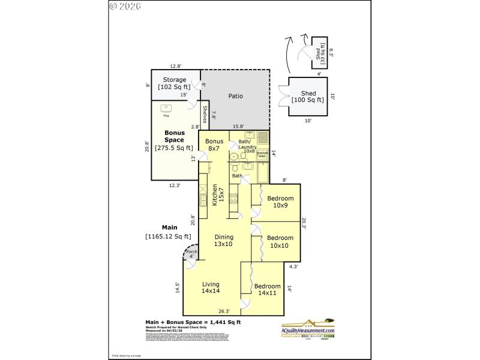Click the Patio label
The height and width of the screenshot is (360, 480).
(235, 96)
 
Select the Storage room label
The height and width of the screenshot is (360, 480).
(175, 83)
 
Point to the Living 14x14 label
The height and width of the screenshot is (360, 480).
(211, 288)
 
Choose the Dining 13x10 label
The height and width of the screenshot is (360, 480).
(223, 240)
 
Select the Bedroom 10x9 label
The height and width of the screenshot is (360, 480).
(280, 202)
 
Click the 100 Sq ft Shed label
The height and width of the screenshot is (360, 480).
(308, 97)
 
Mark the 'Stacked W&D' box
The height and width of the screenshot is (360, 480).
(262, 155)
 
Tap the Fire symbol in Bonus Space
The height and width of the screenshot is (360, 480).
(166, 110)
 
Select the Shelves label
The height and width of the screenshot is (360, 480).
(205, 115)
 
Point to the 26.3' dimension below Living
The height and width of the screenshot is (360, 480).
(224, 311)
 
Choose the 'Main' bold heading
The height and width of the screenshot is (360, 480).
(169, 227)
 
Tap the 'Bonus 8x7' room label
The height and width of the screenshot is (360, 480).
(214, 145)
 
